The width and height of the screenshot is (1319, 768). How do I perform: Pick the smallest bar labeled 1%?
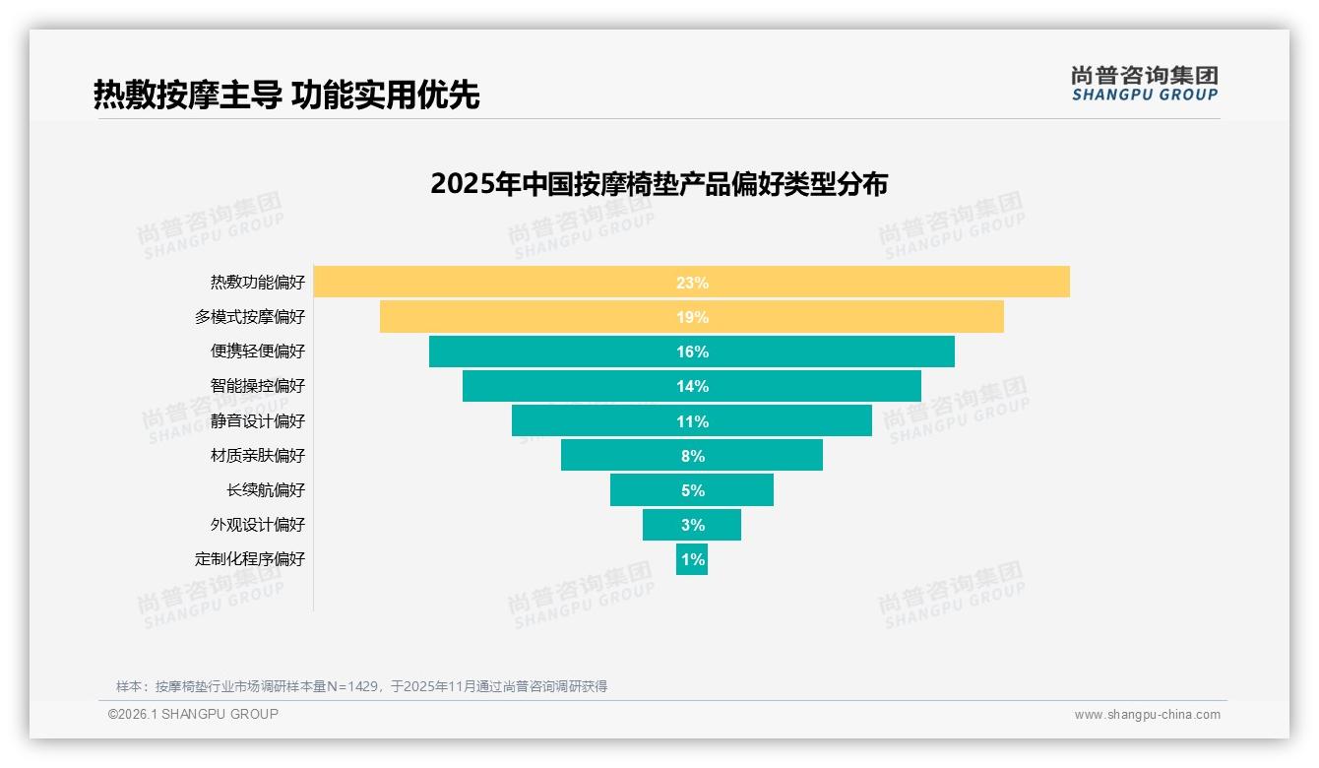[692, 559]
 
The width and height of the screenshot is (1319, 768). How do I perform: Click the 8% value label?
[692, 456]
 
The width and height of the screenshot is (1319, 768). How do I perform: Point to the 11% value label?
[692, 421]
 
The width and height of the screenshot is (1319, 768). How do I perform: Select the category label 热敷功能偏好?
[257, 283]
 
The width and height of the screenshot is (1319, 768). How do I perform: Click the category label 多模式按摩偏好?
[250, 317]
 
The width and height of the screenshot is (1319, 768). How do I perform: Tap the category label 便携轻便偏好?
[257, 352]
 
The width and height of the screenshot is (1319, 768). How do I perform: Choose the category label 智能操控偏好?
[257, 386]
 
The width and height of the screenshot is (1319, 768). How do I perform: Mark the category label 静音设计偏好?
[257, 421]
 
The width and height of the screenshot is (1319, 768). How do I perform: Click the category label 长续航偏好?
[266, 490]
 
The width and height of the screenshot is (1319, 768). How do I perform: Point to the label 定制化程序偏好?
[250, 559]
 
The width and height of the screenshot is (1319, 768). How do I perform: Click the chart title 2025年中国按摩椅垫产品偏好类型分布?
[659, 184]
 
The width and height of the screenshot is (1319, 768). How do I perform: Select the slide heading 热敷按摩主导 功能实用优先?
[286, 95]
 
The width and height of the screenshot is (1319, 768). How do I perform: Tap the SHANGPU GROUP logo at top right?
[1144, 84]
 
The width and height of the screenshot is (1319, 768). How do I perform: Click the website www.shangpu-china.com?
[1147, 715]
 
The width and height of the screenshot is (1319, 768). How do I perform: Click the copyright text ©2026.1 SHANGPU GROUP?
[193, 714]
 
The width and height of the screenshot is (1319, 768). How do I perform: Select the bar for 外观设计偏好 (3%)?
[692, 525]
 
